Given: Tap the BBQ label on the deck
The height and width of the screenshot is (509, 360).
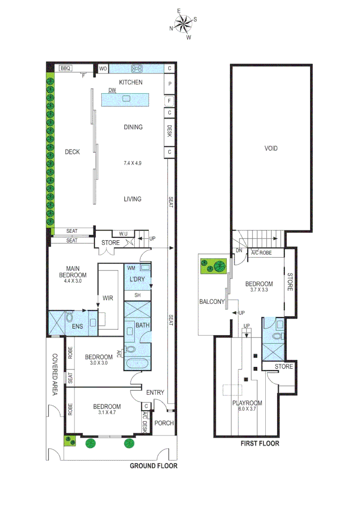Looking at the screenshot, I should coord(65,68).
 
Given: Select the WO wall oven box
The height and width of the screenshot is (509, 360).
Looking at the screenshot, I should coord(102,69).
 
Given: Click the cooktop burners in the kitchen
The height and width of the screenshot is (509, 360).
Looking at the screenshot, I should coord(137,69).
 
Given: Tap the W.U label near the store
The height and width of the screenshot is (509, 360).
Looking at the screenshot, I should coord(123,234).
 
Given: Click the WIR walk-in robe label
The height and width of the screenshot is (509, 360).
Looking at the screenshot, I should coord(108,298).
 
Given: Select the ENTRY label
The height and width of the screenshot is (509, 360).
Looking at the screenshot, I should coord(155,392).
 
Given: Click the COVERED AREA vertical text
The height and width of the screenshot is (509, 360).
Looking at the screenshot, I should coord(55,375).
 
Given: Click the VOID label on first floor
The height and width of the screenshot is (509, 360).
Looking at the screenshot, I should coord(271,148).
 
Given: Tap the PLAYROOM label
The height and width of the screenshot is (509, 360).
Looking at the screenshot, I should coord(246,403).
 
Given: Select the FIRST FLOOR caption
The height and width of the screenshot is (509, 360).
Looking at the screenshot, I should coord(260,443).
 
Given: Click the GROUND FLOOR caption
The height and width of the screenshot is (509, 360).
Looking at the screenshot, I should coord(154,466).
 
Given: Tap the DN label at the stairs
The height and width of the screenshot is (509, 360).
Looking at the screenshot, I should coord(239,251).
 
